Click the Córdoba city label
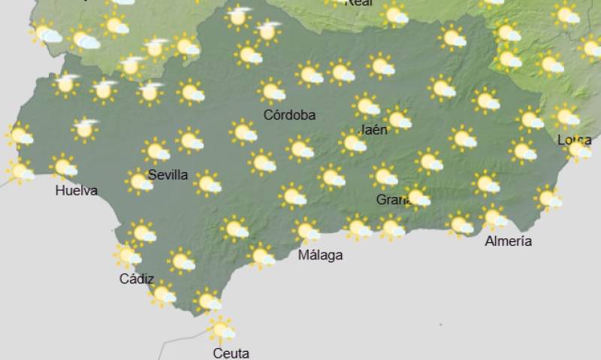click(x=289, y=115)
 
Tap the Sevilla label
click(x=168, y=175)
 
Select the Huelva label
click(x=77, y=190)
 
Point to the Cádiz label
click(x=137, y=279)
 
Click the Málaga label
click(x=320, y=255)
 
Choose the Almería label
click(x=509, y=241)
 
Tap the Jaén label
click(x=374, y=129)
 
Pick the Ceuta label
click(x=231, y=353)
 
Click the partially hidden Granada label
click(x=391, y=200)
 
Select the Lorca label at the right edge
click(x=574, y=141)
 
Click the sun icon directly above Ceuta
click(x=220, y=329)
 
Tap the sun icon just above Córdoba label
click(x=271, y=92)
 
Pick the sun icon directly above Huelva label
click(x=64, y=166)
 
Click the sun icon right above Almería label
click(x=493, y=218)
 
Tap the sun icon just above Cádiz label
click(x=127, y=256)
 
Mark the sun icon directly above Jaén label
click(x=367, y=106)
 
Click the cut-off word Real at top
click(x=358, y=3)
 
